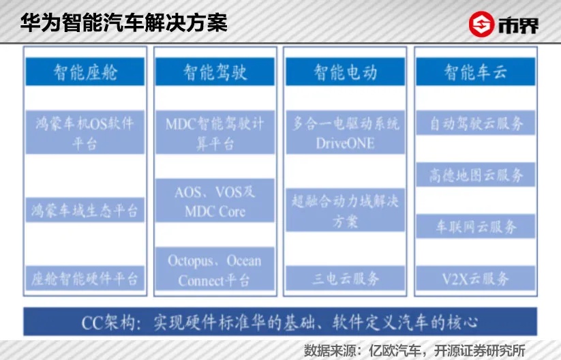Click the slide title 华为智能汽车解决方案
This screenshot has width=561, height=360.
pyautogui.click(x=124, y=23)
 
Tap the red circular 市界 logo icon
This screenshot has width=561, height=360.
pyautogui.click(x=481, y=25)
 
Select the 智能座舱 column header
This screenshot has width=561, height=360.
pyautogui.click(x=85, y=72)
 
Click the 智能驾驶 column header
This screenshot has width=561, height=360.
pyautogui.click(x=215, y=72)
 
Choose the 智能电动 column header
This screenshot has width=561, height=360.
pyautogui.click(x=346, y=72)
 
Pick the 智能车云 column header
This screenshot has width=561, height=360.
pyautogui.click(x=476, y=72)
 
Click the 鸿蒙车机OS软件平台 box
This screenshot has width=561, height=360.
pyautogui.click(x=85, y=132)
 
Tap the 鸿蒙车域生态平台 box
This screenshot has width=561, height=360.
pyautogui.click(x=85, y=210)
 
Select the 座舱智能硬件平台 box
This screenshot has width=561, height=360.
pyautogui.click(x=85, y=278)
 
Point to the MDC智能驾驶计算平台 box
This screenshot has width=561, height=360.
pyautogui.click(x=215, y=132)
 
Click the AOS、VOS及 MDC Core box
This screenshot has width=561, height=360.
pyautogui.click(x=215, y=200)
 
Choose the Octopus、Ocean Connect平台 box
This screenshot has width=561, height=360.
pyautogui.click(x=215, y=269)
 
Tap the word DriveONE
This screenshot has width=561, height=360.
pyautogui.click(x=346, y=143)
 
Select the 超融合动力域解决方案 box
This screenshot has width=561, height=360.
pyautogui.click(x=346, y=210)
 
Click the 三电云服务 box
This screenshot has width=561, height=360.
pyautogui.click(x=346, y=278)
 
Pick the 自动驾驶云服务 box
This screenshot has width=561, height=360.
pyautogui.click(x=476, y=123)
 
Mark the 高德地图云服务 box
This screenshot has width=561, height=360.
pyautogui.click(x=476, y=175)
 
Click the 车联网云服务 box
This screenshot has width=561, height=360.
pyautogui.click(x=476, y=226)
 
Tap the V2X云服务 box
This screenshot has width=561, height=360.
pyautogui.click(x=476, y=278)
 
